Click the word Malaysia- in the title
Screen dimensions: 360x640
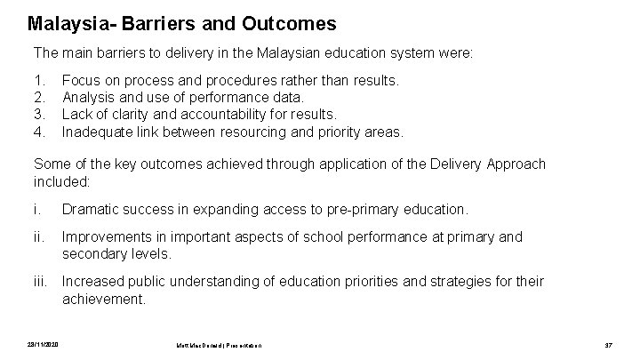pyautogui.click(x=67, y=22)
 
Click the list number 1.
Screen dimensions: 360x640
pyautogui.click(x=37, y=81)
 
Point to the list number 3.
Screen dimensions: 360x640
pyautogui.click(x=37, y=115)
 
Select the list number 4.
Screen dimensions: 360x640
pyautogui.click(x=37, y=132)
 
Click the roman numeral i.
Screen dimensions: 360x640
pyautogui.click(x=36, y=209)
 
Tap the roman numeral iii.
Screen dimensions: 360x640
pyautogui.click(x=40, y=282)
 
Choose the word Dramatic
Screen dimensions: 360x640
pyautogui.click(x=92, y=209)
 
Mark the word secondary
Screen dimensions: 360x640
pyautogui.click(x=93, y=253)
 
